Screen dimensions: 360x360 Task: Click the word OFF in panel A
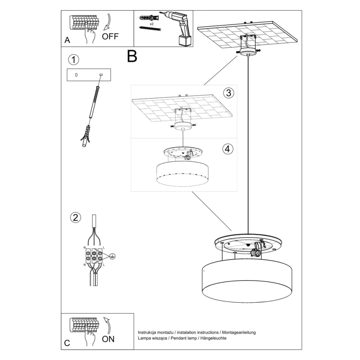(x=110, y=36)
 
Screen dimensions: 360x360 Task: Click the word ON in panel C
(x=108, y=339)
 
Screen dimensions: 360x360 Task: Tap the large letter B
(x=132, y=56)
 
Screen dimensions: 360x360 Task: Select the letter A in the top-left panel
(x=67, y=40)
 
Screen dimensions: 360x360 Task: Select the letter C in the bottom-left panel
(x=67, y=343)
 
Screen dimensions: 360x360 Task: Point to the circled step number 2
(x=75, y=218)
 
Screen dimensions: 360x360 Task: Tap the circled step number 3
(x=229, y=93)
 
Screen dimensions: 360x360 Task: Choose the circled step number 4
(x=228, y=149)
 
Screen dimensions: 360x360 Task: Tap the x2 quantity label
(x=151, y=24)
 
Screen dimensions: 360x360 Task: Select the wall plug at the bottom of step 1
(x=85, y=137)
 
